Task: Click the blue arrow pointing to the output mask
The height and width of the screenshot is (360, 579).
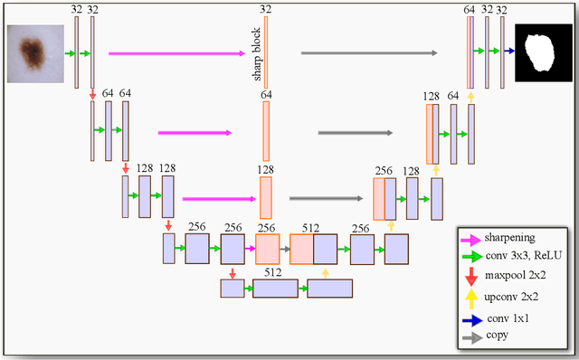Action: coord(509,52)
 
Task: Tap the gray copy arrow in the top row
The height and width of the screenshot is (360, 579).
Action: coord(368,53)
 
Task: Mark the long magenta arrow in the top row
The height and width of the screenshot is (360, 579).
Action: coord(177,53)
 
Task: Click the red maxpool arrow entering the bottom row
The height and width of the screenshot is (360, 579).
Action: coord(233,271)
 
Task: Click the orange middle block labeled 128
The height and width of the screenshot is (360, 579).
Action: coord(266,197)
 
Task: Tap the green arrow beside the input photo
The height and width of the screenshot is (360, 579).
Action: coord(69,53)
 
